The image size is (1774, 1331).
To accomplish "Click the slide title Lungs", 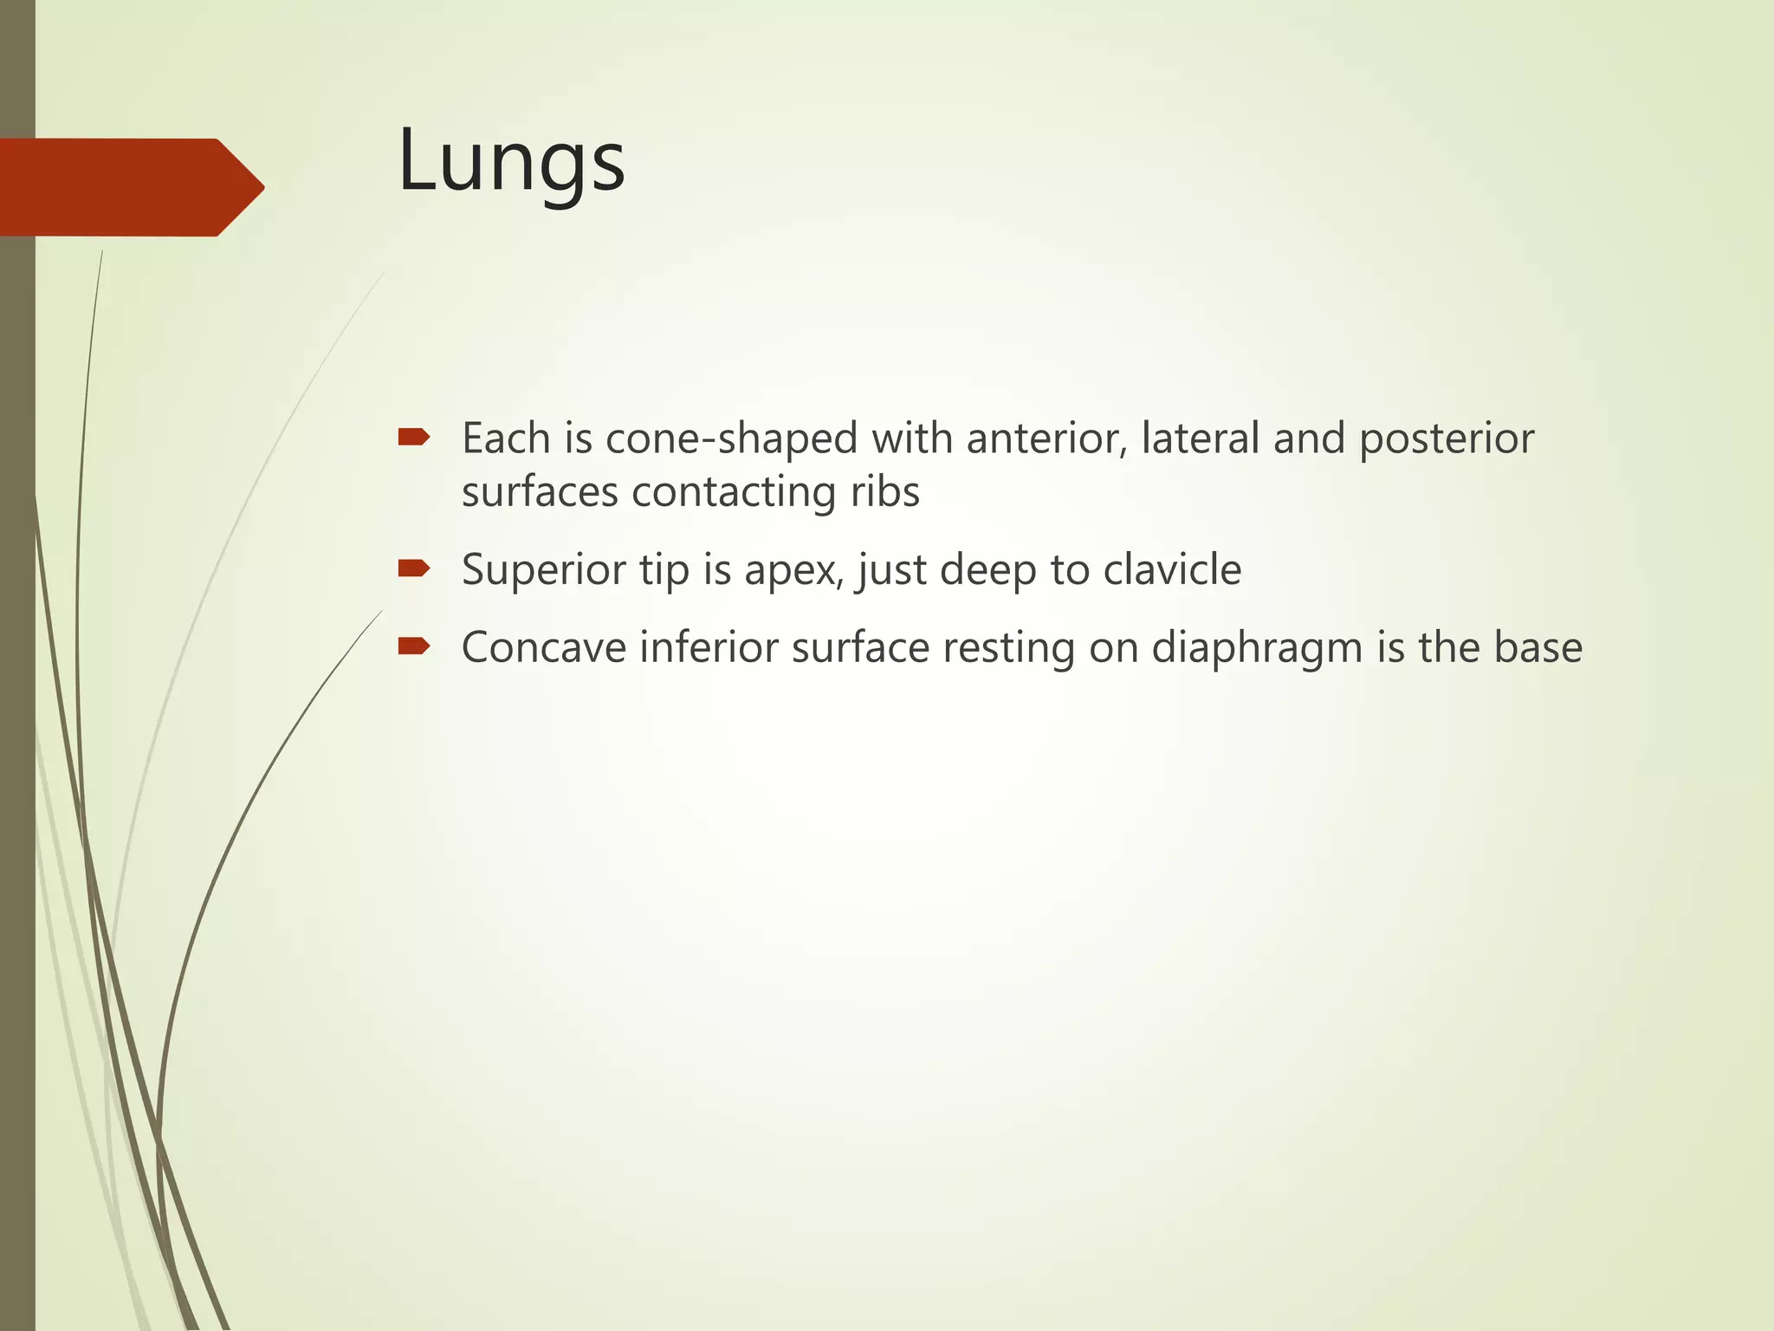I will [511, 162].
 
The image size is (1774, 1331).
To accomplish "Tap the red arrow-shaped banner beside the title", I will [130, 187].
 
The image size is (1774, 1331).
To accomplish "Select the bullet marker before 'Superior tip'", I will [413, 568].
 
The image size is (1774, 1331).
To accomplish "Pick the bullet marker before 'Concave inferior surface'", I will [413, 646].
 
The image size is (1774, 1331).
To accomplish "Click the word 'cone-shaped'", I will [732, 438].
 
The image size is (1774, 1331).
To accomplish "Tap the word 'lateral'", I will [1201, 438].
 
